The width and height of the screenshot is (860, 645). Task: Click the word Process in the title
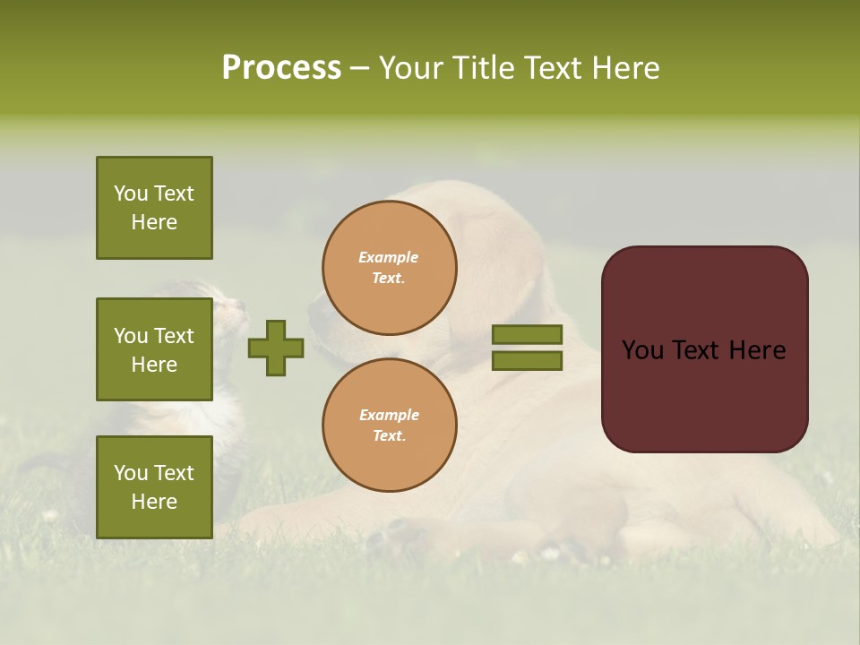click(281, 68)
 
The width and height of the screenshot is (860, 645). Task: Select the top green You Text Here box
click(154, 208)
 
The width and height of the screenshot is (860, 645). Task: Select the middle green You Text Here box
click(154, 349)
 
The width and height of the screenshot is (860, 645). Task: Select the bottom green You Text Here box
click(154, 487)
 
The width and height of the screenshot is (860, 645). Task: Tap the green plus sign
click(276, 348)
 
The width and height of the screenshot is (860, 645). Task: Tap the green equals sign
click(528, 348)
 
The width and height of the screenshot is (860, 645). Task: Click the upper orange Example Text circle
click(390, 268)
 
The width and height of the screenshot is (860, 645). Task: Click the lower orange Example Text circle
click(390, 426)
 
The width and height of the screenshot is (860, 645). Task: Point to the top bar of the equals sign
click(528, 334)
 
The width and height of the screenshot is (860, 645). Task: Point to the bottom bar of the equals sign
click(528, 361)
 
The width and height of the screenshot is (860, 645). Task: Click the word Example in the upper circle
click(389, 257)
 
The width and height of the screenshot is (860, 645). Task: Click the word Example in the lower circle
click(389, 415)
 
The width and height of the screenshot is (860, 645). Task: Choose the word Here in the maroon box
click(757, 350)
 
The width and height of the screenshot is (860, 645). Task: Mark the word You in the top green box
click(130, 193)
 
